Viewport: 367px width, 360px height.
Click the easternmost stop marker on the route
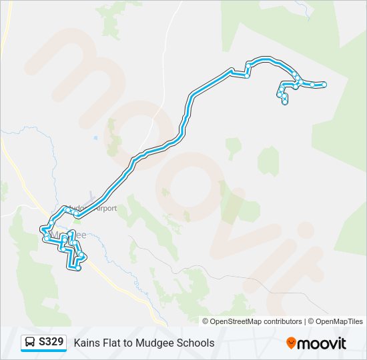pyautogui.click(x=324, y=85)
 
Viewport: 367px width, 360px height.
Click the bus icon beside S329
pyautogui.click(x=30, y=343)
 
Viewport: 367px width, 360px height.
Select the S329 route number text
pyautogui.click(x=51, y=343)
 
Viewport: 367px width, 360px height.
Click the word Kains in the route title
pyautogui.click(x=87, y=343)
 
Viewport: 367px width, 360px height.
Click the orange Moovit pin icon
pyautogui.click(x=291, y=343)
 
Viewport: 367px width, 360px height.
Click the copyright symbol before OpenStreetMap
pyautogui.click(x=206, y=321)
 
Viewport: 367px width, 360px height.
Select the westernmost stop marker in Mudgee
pyautogui.click(x=45, y=238)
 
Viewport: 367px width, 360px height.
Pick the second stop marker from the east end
pyautogui.click(x=312, y=85)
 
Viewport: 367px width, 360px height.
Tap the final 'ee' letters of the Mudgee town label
pyautogui.click(x=81, y=235)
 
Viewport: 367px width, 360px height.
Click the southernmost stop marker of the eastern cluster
pyautogui.click(x=285, y=103)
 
